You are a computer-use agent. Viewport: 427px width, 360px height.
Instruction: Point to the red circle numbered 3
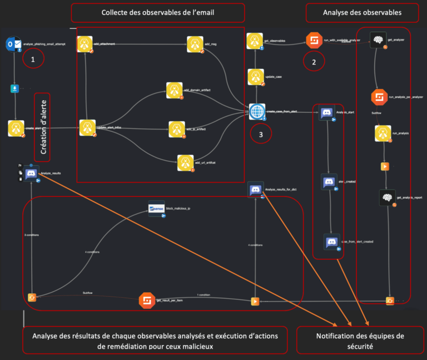coord(261,134)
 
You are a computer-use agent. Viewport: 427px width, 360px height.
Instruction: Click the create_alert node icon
coord(17,128)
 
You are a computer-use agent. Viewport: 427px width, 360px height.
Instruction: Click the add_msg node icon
coord(195,44)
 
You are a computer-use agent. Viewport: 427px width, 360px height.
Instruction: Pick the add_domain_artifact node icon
coord(174,90)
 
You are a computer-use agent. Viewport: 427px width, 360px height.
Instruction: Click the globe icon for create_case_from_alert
coord(257,112)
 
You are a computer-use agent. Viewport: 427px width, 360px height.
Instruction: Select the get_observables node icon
coord(255,41)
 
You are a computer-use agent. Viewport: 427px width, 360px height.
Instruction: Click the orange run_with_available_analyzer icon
coord(314,41)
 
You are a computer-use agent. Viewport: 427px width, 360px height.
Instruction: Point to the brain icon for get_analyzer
coord(378,40)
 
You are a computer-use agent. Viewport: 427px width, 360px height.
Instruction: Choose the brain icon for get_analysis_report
coord(388,197)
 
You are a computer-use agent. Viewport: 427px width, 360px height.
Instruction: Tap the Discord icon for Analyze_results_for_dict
coord(256,190)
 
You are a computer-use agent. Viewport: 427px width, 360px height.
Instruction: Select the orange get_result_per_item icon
coord(147,300)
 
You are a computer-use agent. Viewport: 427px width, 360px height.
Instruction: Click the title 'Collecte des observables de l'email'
coord(158,13)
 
